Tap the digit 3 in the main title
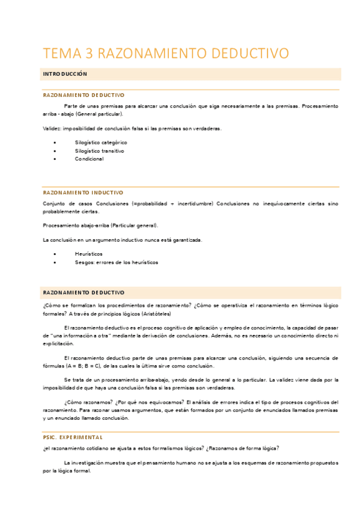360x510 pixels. coord(91,54)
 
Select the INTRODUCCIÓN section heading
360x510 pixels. coord(65,74)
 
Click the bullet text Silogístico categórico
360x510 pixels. coord(101,143)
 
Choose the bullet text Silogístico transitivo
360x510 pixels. coord(100,151)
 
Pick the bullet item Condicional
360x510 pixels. coord(89,159)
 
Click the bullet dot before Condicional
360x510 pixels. coord(55,159)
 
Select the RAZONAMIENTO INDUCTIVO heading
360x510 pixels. coord(83,192)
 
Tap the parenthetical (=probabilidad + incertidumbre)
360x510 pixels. coord(172,204)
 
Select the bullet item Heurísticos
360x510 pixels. coord(89,254)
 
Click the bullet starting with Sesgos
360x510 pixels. coord(117,263)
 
